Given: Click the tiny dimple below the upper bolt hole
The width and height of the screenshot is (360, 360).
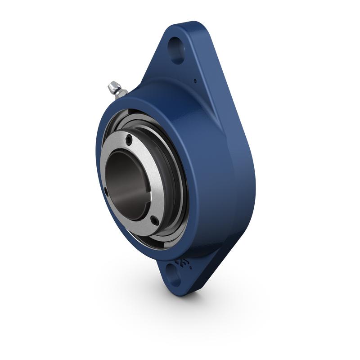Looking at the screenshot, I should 195,81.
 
